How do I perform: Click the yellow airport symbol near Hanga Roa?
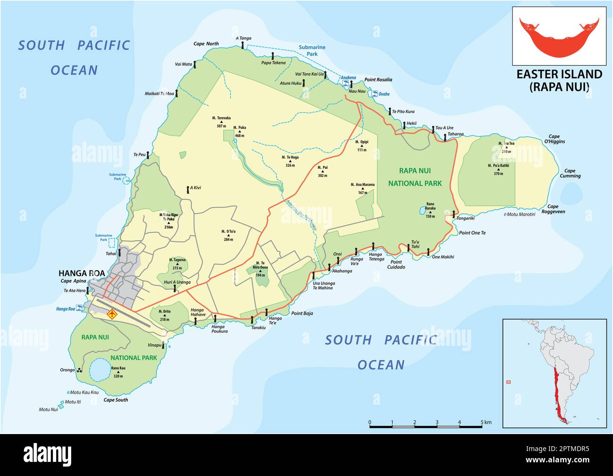pyautogui.click(x=112, y=314)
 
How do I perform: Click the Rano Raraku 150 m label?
pyautogui.click(x=430, y=213)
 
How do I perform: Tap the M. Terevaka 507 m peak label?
pyautogui.click(x=222, y=122)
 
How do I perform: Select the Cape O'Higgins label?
pyautogui.click(x=555, y=139)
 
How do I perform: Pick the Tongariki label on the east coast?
pyautogui.click(x=466, y=218)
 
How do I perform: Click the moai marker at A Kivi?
pyautogui.click(x=188, y=190)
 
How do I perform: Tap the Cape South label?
pyautogui.click(x=116, y=400)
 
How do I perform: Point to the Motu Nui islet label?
pyautogui.click(x=48, y=410)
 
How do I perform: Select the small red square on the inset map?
pyautogui.click(x=508, y=382)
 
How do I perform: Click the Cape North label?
pyautogui.click(x=206, y=44)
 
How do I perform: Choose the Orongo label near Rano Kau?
pyautogui.click(x=67, y=370)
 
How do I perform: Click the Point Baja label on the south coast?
pyautogui.click(x=302, y=313)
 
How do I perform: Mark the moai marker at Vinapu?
pyautogui.click(x=164, y=345)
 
